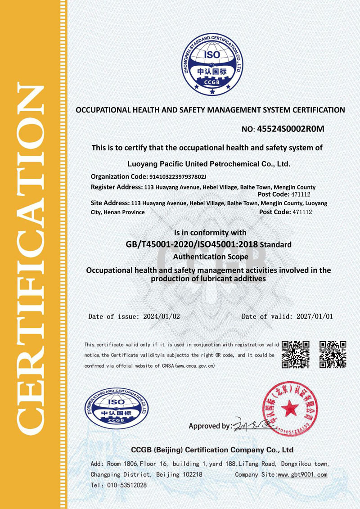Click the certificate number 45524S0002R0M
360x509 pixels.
click(x=290, y=129)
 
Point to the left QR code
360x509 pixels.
click(x=295, y=354)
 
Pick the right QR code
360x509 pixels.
click(x=333, y=354)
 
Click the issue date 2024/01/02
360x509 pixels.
click(x=162, y=316)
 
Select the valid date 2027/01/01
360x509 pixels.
click(x=315, y=316)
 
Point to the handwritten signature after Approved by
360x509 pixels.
click(x=252, y=424)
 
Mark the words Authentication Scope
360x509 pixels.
click(x=211, y=257)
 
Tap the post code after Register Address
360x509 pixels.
click(x=302, y=194)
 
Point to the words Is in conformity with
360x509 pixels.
click(x=210, y=233)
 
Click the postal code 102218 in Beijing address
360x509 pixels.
click(x=192, y=475)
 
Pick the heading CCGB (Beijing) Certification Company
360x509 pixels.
click(x=212, y=450)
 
